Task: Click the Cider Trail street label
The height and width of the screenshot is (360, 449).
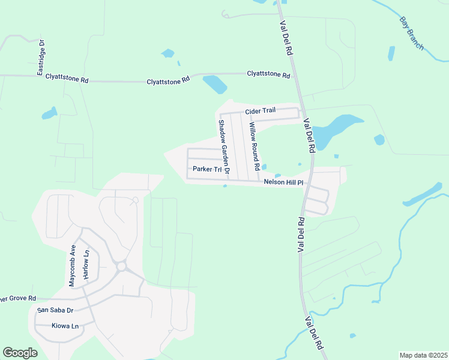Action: tap(259, 112)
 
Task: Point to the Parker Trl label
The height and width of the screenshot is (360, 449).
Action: tap(203, 169)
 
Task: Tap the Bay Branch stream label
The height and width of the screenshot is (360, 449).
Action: tap(412, 32)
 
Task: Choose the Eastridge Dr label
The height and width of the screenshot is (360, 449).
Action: tap(41, 58)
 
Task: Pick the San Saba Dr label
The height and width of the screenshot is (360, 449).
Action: tap(55, 310)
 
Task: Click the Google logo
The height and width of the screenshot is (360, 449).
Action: tap(20, 352)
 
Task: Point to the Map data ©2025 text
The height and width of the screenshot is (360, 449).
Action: tap(423, 355)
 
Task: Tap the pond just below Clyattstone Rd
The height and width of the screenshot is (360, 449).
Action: tap(214, 84)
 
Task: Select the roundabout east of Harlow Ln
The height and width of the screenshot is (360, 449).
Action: tap(121, 266)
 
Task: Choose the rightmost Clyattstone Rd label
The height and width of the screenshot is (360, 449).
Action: tap(268, 74)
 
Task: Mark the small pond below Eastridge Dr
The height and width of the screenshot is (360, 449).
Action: tap(49, 113)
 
